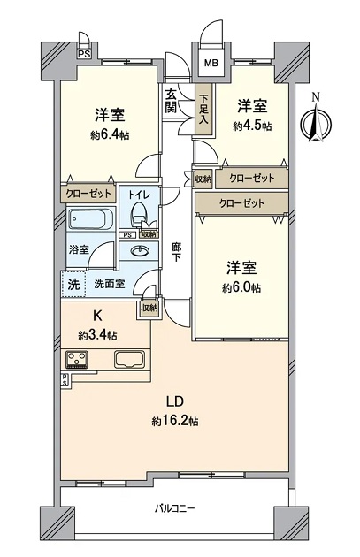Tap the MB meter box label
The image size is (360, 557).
pyautogui.click(x=211, y=64)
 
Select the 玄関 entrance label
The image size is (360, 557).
pyautogui.click(x=171, y=101)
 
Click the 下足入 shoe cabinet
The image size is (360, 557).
pyautogui.click(x=203, y=109)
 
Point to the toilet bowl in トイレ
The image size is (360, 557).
pyautogui.click(x=138, y=213)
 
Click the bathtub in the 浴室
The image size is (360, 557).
pyautogui.click(x=90, y=219)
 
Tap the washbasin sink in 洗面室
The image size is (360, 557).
pyautogui.click(x=139, y=251)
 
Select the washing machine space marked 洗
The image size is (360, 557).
pyautogui.click(x=73, y=284)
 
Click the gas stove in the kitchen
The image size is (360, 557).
pyautogui.click(x=76, y=359)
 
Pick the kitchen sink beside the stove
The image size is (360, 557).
pyautogui.click(x=130, y=359)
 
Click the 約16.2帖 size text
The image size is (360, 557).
pyautogui.click(x=175, y=422)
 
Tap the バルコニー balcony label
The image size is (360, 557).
pyautogui.click(x=174, y=508)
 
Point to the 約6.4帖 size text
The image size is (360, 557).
pyautogui.click(x=110, y=135)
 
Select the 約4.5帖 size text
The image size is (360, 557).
pyautogui.click(x=252, y=126)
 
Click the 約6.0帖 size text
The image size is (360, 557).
pyautogui.click(x=241, y=287)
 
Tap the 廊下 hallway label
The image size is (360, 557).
pyautogui.click(x=176, y=252)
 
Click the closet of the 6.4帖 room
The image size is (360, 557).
pyautogui.click(x=88, y=194)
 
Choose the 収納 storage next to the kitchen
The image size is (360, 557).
pyautogui.click(x=149, y=308)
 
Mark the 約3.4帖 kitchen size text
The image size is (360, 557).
pyautogui.click(x=97, y=335)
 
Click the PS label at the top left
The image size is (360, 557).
pyautogui.click(x=84, y=54)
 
